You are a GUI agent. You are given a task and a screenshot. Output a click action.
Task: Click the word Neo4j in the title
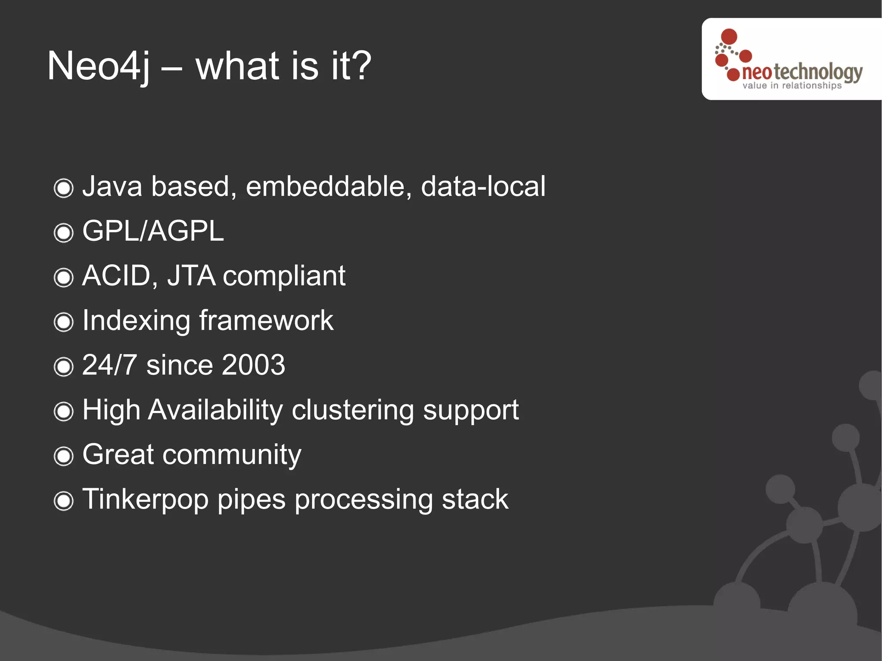[99, 66]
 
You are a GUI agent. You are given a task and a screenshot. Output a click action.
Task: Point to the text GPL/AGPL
[153, 231]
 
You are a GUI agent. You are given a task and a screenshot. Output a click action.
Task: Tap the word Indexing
[136, 321]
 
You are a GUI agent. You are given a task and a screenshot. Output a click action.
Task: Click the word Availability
[215, 410]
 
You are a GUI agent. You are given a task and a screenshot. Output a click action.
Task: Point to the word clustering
[353, 410]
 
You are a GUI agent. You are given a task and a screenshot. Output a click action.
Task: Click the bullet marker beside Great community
[64, 456]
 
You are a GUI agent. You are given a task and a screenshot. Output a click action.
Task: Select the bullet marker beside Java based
[64, 188]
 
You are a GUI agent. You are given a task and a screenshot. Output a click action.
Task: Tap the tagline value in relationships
[792, 86]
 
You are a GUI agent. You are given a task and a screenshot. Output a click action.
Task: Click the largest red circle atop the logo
[729, 36]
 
